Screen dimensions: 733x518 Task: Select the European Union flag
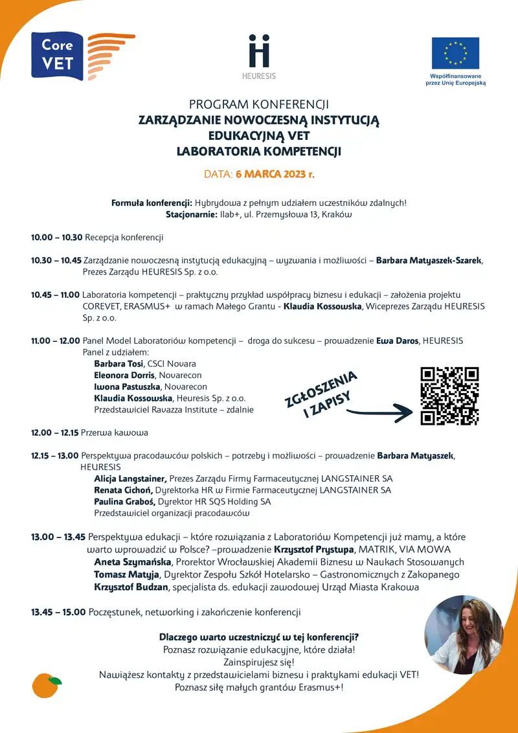(455, 53)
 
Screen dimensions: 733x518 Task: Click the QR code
(449, 396)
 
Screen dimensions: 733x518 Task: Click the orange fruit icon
(47, 685)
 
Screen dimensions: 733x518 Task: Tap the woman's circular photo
(464, 635)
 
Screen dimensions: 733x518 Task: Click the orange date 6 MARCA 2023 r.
(275, 174)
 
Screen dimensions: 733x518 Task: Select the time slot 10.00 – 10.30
(56, 238)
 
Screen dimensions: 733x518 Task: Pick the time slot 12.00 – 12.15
(54, 433)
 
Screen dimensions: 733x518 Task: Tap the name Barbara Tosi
(119, 364)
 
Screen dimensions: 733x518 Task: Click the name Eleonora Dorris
(124, 376)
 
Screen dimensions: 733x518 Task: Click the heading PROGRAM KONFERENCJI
(259, 104)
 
